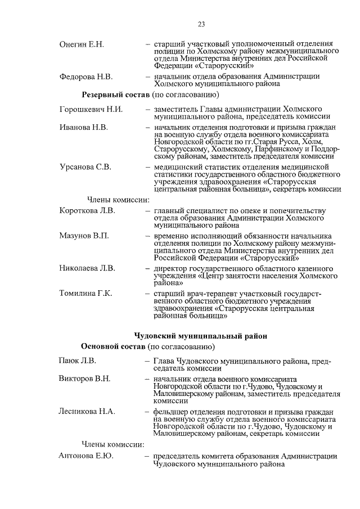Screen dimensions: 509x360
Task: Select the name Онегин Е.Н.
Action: pos(82,44)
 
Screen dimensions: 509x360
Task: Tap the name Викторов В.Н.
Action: pos(84,379)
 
